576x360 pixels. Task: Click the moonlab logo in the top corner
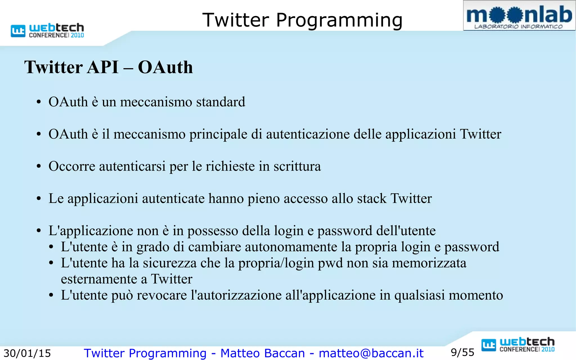(519, 16)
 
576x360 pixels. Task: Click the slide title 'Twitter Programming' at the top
(302, 20)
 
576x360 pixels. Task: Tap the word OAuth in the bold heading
(165, 67)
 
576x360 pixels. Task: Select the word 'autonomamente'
(291, 247)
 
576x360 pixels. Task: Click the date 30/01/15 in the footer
(27, 353)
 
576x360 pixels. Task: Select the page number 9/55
(462, 352)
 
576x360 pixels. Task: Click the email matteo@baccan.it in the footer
(371, 353)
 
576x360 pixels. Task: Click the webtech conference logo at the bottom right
(518, 345)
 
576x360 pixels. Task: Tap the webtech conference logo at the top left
(47, 30)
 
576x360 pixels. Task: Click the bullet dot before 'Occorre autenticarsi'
(39, 166)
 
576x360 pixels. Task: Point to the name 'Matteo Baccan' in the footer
(262, 353)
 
